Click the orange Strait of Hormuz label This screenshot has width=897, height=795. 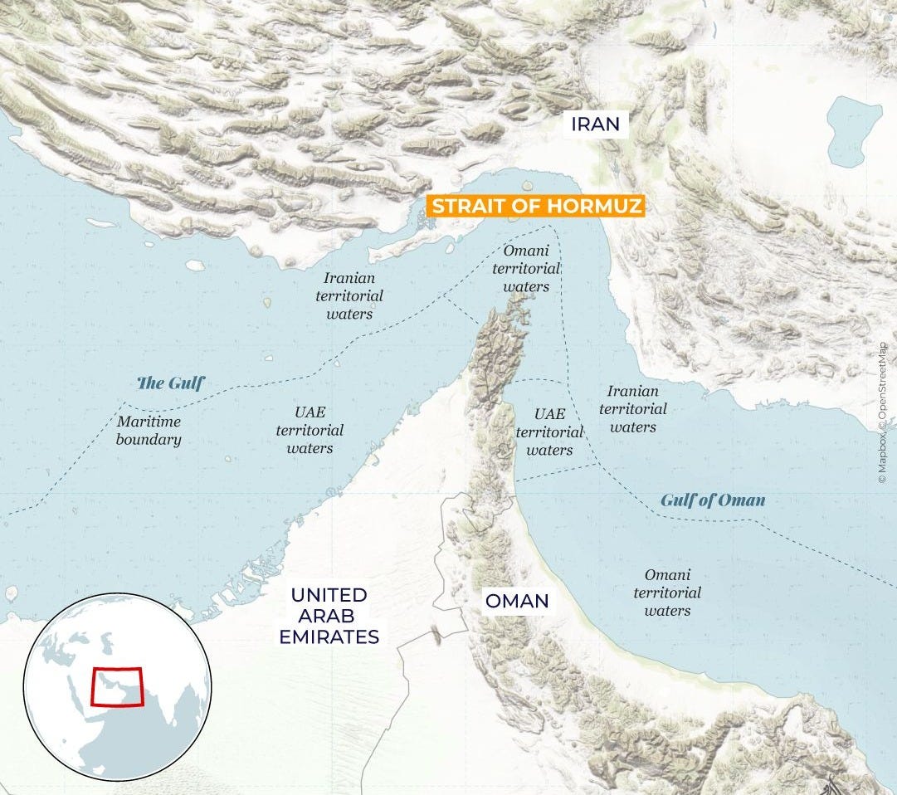pyautogui.click(x=534, y=206)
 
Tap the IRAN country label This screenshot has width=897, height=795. pyautogui.click(x=594, y=124)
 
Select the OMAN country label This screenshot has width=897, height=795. pyautogui.click(x=517, y=600)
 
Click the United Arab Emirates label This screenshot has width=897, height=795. pyautogui.click(x=329, y=616)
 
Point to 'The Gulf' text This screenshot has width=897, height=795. pyautogui.click(x=170, y=383)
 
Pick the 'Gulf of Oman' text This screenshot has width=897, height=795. pyautogui.click(x=713, y=500)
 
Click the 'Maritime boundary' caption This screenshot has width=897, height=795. pyautogui.click(x=149, y=430)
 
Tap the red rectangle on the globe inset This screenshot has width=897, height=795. pyautogui.click(x=117, y=685)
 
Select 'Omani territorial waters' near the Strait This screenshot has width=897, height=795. pyautogui.click(x=525, y=268)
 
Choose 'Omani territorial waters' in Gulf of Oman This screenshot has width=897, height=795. pyautogui.click(x=667, y=593)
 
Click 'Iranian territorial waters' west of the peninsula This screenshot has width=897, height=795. pyautogui.click(x=349, y=296)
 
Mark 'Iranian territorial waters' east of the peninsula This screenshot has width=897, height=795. pyautogui.click(x=632, y=409)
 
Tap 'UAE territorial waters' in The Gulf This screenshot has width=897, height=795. pyautogui.click(x=310, y=430)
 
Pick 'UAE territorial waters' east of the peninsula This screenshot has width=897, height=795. pyautogui.click(x=548, y=432)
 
